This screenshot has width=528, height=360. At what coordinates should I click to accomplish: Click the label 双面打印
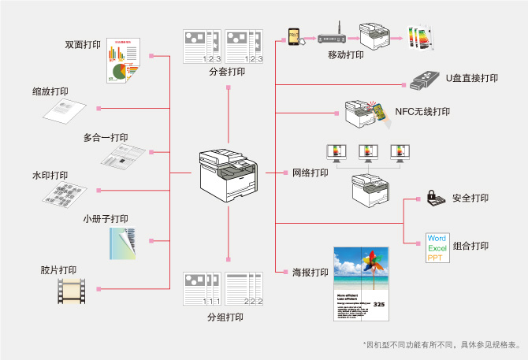point(83,44)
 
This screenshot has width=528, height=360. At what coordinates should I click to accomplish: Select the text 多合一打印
point(106,137)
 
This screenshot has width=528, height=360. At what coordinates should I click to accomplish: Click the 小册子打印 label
point(106,218)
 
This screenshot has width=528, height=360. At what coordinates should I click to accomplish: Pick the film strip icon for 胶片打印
point(70,293)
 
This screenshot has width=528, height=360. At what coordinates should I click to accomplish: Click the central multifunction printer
point(226,173)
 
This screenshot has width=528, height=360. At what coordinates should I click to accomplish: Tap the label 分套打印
point(226,72)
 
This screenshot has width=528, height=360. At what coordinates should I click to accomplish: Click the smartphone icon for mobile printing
point(294,36)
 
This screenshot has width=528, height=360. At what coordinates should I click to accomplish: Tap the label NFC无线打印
point(422,112)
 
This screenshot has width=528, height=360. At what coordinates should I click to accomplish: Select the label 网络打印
point(310,173)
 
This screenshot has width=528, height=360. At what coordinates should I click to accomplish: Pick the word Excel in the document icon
point(437,248)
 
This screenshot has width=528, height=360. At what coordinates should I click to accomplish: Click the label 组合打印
point(470,247)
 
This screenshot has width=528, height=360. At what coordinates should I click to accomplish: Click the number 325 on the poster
point(379,305)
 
